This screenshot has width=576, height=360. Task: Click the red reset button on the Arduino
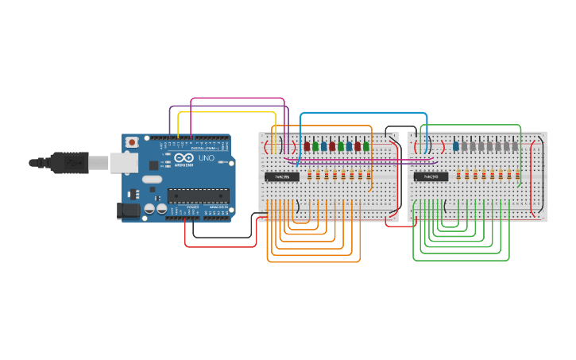tap(131, 141)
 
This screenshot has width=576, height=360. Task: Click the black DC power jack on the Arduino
tap(126, 211)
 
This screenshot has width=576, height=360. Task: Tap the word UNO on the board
tap(206, 158)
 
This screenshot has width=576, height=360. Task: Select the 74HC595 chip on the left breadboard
tap(282, 176)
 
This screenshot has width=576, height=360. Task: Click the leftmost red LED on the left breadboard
tap(307, 145)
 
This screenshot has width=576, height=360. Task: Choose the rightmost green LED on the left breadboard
tap(366, 145)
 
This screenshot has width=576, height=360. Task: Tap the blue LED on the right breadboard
tap(456, 145)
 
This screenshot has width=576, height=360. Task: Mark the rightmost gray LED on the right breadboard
tap(515, 145)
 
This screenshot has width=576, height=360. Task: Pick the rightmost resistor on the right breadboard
tap(517, 175)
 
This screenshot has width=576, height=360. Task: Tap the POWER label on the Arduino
tap(192, 207)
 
